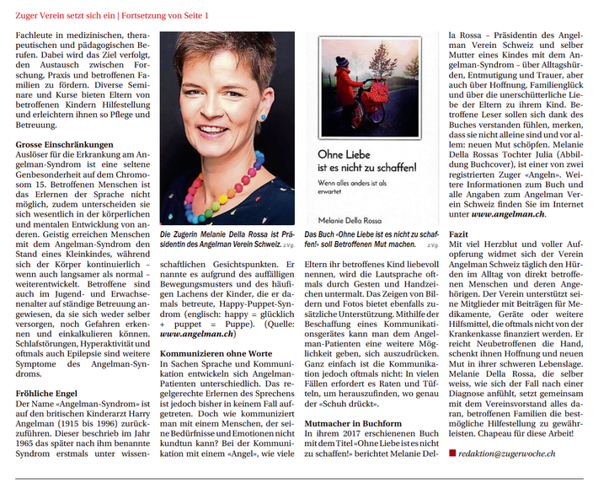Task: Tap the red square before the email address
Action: (x=452, y=453)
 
